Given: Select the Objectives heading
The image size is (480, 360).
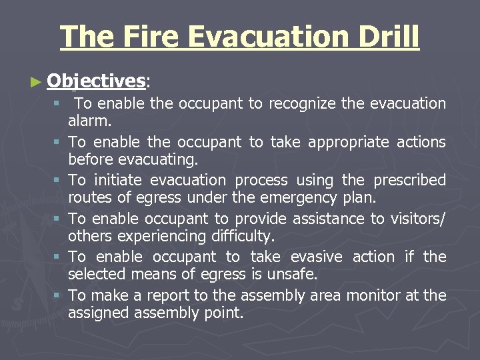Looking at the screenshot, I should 96,81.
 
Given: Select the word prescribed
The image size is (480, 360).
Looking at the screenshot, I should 409,180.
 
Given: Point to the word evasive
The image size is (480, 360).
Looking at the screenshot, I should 317,257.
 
